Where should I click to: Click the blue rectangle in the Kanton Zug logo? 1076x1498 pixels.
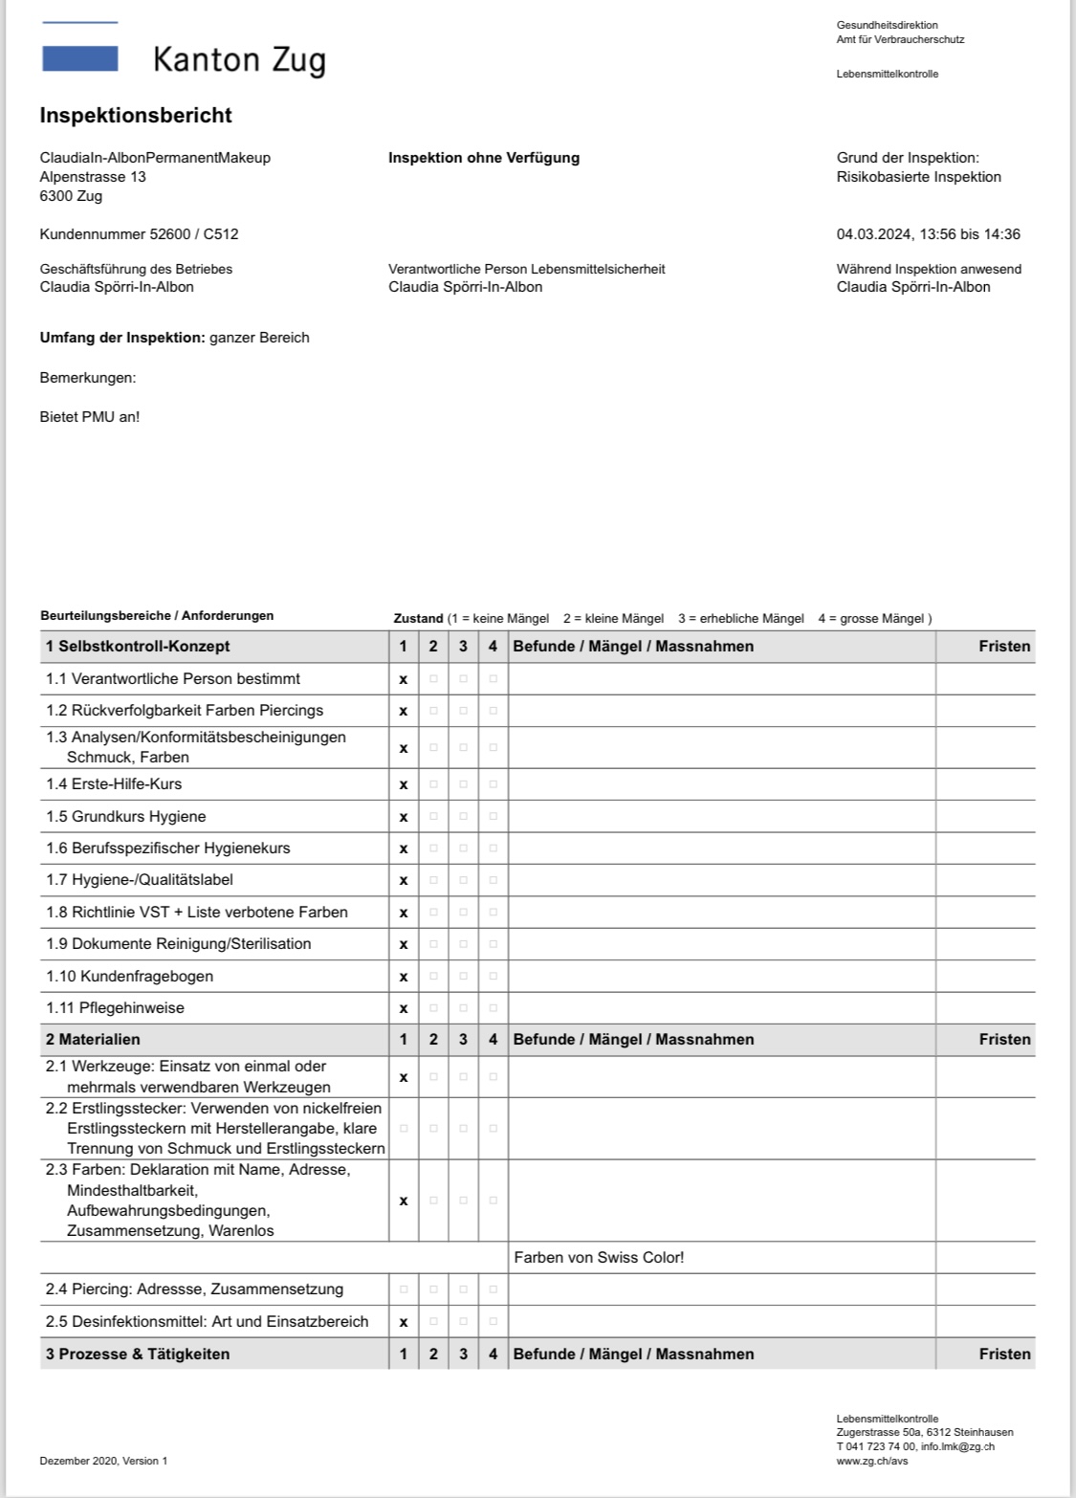(80, 59)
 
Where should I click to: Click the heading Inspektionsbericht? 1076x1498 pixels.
(136, 116)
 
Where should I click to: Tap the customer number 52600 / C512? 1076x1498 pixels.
(139, 234)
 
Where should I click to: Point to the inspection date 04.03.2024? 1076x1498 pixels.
(874, 234)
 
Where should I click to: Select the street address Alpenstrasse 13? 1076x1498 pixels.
(93, 177)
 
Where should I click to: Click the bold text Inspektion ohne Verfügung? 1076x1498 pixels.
(484, 158)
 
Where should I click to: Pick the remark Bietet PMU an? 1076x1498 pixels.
(90, 417)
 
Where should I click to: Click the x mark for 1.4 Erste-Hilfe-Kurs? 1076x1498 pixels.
(403, 784)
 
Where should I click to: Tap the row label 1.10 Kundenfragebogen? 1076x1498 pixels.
(129, 976)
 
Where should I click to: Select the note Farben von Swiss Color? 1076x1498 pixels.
(599, 1257)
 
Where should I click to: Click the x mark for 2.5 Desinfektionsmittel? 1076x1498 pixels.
(403, 1322)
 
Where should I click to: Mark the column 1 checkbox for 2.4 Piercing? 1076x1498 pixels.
(403, 1289)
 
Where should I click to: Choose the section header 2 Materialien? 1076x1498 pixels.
(93, 1039)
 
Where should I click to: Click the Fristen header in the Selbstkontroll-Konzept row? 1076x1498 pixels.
(1004, 647)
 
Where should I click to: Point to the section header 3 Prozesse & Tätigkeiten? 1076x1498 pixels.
(138, 1354)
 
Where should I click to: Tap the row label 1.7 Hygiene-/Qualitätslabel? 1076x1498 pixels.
(140, 880)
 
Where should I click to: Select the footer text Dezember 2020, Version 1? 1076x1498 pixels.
(103, 1461)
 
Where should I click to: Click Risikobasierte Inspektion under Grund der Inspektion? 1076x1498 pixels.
(918, 177)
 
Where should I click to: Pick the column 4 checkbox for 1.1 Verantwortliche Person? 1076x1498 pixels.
(493, 679)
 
